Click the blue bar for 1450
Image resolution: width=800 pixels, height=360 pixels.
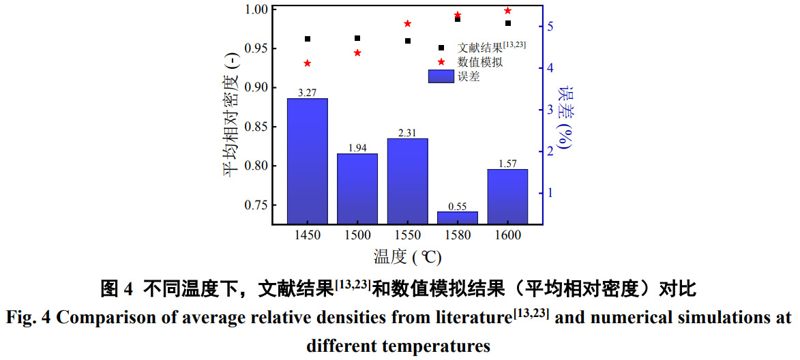307,161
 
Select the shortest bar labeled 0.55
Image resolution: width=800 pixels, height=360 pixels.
457,217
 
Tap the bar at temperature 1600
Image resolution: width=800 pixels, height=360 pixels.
507,196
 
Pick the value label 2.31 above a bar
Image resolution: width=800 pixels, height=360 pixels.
407,132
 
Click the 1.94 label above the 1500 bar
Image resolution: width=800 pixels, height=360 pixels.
357,148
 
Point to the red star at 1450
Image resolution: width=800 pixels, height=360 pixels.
308,63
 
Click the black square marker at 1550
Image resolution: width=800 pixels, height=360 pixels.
408,41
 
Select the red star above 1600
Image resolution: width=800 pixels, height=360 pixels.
507,11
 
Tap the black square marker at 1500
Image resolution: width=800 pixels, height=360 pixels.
357,38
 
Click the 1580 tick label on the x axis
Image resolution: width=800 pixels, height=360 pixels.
457,235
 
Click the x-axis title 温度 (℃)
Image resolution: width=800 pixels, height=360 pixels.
407,257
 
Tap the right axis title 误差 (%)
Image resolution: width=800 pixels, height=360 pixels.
566,117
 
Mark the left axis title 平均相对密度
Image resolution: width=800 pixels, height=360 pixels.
231,115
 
